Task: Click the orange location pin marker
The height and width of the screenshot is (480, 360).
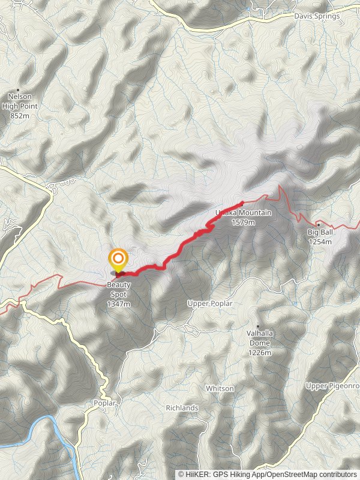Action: pyautogui.click(x=118, y=260)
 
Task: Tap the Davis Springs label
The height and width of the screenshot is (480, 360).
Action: pyautogui.click(x=317, y=16)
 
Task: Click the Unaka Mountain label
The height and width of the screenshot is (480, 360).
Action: pyautogui.click(x=244, y=213)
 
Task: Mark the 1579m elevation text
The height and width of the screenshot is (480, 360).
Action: pyautogui.click(x=244, y=222)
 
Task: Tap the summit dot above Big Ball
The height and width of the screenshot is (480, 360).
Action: pyautogui.click(x=318, y=224)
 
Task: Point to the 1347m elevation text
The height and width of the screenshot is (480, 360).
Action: pyautogui.click(x=119, y=304)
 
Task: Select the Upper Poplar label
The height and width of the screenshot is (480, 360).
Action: pyautogui.click(x=209, y=304)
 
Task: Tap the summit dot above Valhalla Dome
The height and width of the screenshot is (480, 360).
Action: pyautogui.click(x=259, y=326)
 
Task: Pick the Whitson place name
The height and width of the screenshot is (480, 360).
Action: pyautogui.click(x=220, y=389)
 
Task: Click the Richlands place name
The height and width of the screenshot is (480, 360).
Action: pyautogui.click(x=182, y=408)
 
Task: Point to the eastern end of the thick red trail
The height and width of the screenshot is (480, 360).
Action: pyautogui.click(x=241, y=203)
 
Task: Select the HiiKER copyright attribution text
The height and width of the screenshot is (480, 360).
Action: pyautogui.click(x=267, y=474)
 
